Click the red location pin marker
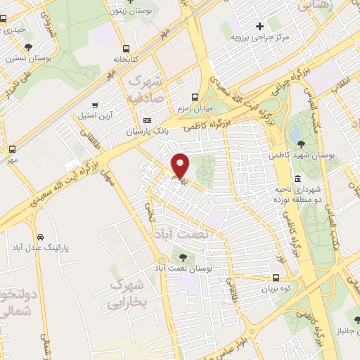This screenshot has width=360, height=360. [x=181, y=166]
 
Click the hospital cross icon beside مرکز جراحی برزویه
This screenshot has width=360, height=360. [x=259, y=26]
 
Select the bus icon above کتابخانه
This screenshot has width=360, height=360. [x=125, y=49]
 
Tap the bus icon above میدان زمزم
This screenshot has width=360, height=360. [x=196, y=97]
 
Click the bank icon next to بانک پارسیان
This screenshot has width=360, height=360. [x=147, y=120]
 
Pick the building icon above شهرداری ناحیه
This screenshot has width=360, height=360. [x=298, y=179]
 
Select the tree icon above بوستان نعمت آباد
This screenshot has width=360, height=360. [x=184, y=258]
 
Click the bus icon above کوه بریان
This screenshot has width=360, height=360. [x=276, y=278]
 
